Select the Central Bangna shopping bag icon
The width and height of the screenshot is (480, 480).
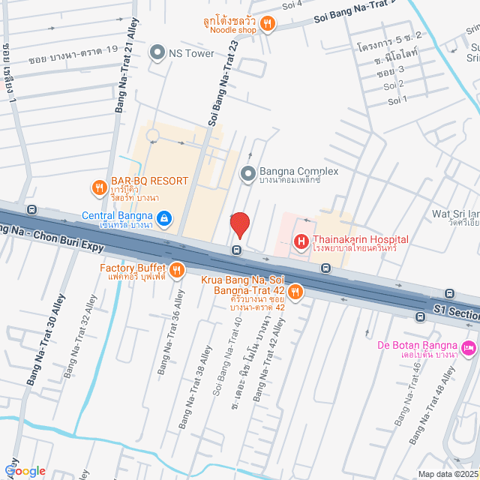(165, 220)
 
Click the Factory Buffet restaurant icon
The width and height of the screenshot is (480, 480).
(177, 270)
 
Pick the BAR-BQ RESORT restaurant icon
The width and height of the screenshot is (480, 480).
(98, 187)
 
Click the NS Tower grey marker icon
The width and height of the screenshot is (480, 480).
(157, 52)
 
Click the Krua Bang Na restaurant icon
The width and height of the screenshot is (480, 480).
(296, 292)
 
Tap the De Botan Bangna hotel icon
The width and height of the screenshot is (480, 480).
(469, 347)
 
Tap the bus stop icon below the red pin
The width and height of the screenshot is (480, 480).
(236, 250)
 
